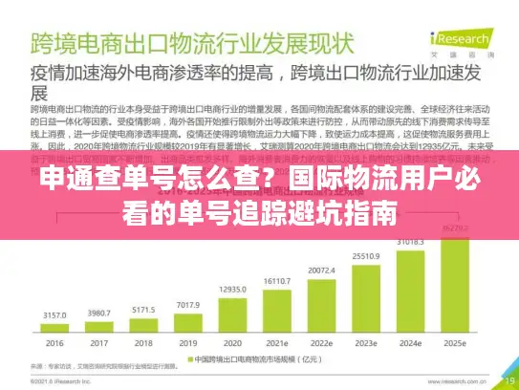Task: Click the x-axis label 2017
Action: (97, 342)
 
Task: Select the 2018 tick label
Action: (142, 342)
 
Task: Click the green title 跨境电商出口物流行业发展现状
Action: (191, 44)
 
